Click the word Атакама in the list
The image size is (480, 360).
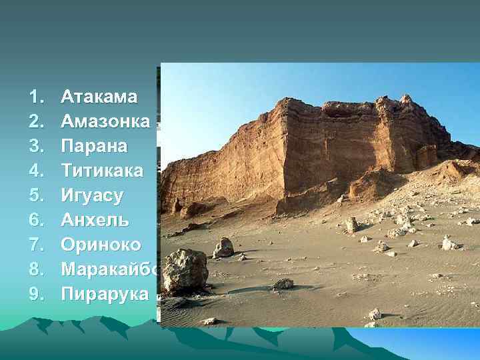pyautogui.click(x=99, y=97)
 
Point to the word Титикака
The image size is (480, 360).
pyautogui.click(x=101, y=171)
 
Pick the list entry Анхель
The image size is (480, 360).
pyautogui.click(x=95, y=219)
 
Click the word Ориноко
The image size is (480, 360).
pyautogui.click(x=101, y=244)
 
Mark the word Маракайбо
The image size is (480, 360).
pyautogui.click(x=110, y=269)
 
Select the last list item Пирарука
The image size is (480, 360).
pyautogui.click(x=105, y=293)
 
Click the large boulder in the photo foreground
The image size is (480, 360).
pyautogui.click(x=185, y=270)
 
